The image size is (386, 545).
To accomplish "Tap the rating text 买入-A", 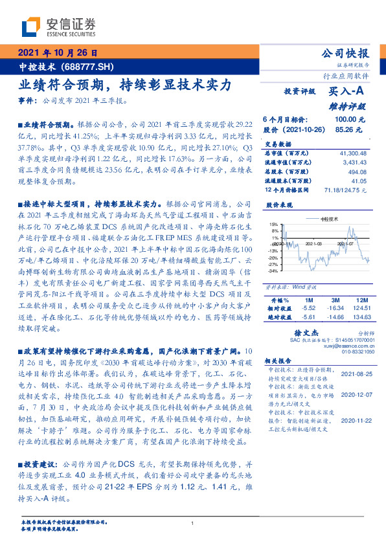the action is coord(348,93).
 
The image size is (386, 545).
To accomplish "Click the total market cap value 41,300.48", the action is coord(353,152).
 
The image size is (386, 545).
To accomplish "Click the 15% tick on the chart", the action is coord(274,224).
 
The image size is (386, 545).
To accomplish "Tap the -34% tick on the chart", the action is coord(273,271).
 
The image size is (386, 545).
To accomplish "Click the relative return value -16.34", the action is coord(335,309).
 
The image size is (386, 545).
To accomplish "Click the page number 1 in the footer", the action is coord(193,524).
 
